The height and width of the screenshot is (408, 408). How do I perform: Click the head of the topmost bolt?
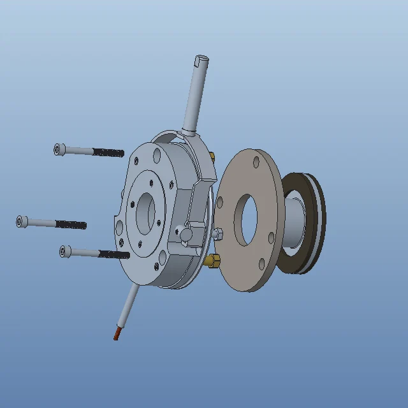click(x=59, y=149)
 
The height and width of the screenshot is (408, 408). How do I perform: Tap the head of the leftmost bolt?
click(x=21, y=221)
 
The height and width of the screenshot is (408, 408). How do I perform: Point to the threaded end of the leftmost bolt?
click(x=71, y=224)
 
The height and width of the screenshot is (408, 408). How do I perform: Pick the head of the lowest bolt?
click(x=64, y=251)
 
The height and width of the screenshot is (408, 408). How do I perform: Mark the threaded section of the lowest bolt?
click(x=115, y=254)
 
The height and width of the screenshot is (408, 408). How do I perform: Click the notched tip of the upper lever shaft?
click(x=200, y=62)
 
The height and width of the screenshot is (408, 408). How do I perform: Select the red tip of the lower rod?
click(x=117, y=333)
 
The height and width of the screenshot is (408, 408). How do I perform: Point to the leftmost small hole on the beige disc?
click(x=220, y=202)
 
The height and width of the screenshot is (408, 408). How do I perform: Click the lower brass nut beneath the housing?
click(x=213, y=260)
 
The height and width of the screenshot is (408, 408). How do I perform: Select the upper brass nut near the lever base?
click(x=212, y=157)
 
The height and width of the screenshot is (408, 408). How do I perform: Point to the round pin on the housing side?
click(x=186, y=235)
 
